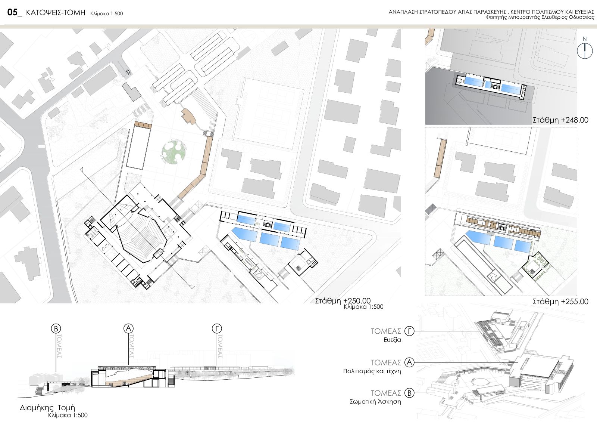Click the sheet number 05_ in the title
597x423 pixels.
coord(15,12)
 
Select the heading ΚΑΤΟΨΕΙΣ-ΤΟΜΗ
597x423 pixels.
coord(56,13)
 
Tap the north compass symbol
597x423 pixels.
coord(585,51)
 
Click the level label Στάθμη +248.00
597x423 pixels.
coord(560,120)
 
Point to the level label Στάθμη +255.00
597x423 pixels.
coord(560,302)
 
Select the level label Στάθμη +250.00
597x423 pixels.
coord(343,301)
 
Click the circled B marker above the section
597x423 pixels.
coord(56,328)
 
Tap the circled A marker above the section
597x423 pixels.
coord(128,328)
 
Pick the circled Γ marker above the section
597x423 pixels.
coord(217,328)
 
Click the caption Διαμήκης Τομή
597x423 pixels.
coord(47,408)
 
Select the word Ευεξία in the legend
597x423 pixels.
coord(392,340)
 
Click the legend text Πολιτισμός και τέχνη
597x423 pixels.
coord(372,371)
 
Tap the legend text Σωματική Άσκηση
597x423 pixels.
coord(375,402)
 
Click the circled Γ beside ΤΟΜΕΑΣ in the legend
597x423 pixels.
coord(410,331)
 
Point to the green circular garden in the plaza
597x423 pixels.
coord(174,151)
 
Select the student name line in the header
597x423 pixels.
coord(540,17)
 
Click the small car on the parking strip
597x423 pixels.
coord(128,72)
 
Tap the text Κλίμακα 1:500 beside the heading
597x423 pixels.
coord(107,13)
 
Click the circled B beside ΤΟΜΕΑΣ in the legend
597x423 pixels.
coord(410,393)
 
